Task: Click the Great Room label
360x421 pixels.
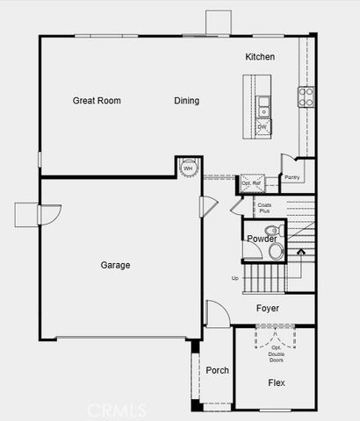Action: click(97, 101)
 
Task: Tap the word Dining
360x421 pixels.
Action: click(186, 101)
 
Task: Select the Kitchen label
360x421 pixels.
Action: click(260, 57)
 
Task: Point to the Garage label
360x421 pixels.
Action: click(115, 265)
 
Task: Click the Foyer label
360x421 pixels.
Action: click(268, 309)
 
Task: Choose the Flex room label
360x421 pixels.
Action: click(277, 383)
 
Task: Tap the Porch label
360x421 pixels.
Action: click(217, 371)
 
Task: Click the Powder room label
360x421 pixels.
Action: click(262, 239)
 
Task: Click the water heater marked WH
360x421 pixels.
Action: click(186, 168)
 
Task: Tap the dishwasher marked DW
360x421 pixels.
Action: click(262, 127)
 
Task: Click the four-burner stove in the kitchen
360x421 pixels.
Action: click(307, 96)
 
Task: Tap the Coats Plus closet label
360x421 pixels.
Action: click(264, 208)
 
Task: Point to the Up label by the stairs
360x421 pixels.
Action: click(234, 278)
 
